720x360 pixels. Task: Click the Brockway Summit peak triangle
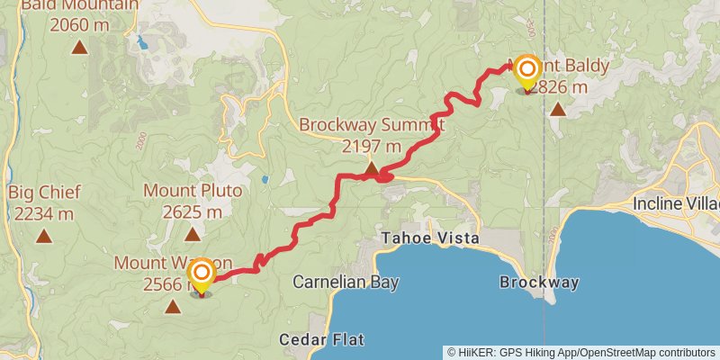coord(372,168)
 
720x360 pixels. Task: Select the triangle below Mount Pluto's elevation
coord(192,234)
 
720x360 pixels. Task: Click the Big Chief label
coord(44,193)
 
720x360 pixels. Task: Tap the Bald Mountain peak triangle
coord(80,48)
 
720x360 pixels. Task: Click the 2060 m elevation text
coord(80,25)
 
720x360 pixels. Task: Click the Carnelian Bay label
coord(334,282)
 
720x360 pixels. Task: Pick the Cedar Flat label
coord(321,339)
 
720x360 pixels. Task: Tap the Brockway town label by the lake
coord(539,282)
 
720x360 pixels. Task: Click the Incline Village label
coord(676,202)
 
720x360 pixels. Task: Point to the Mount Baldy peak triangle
coord(558,110)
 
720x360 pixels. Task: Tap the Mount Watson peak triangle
coord(172,307)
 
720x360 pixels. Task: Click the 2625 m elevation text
coord(192,212)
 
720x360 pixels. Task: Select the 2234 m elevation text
coord(44,213)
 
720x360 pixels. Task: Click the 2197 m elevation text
coord(372,146)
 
